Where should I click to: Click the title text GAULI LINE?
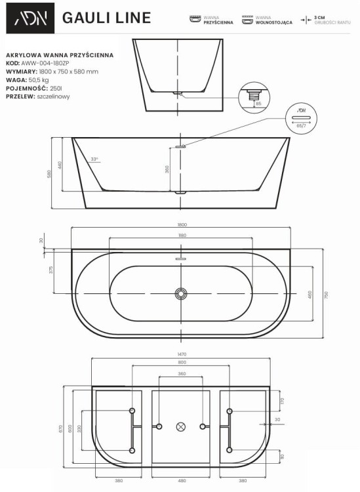106,18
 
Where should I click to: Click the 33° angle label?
94,159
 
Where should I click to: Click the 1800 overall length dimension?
180,225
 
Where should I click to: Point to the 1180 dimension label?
182,234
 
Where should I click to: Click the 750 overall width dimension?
326,293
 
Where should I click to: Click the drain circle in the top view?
181,293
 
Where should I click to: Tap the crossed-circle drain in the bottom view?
182,426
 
